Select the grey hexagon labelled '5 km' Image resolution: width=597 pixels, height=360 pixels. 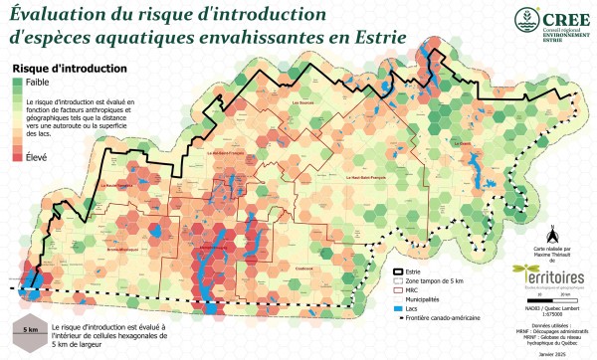tap(31, 329)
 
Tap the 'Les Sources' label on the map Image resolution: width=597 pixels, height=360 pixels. tap(303, 101)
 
